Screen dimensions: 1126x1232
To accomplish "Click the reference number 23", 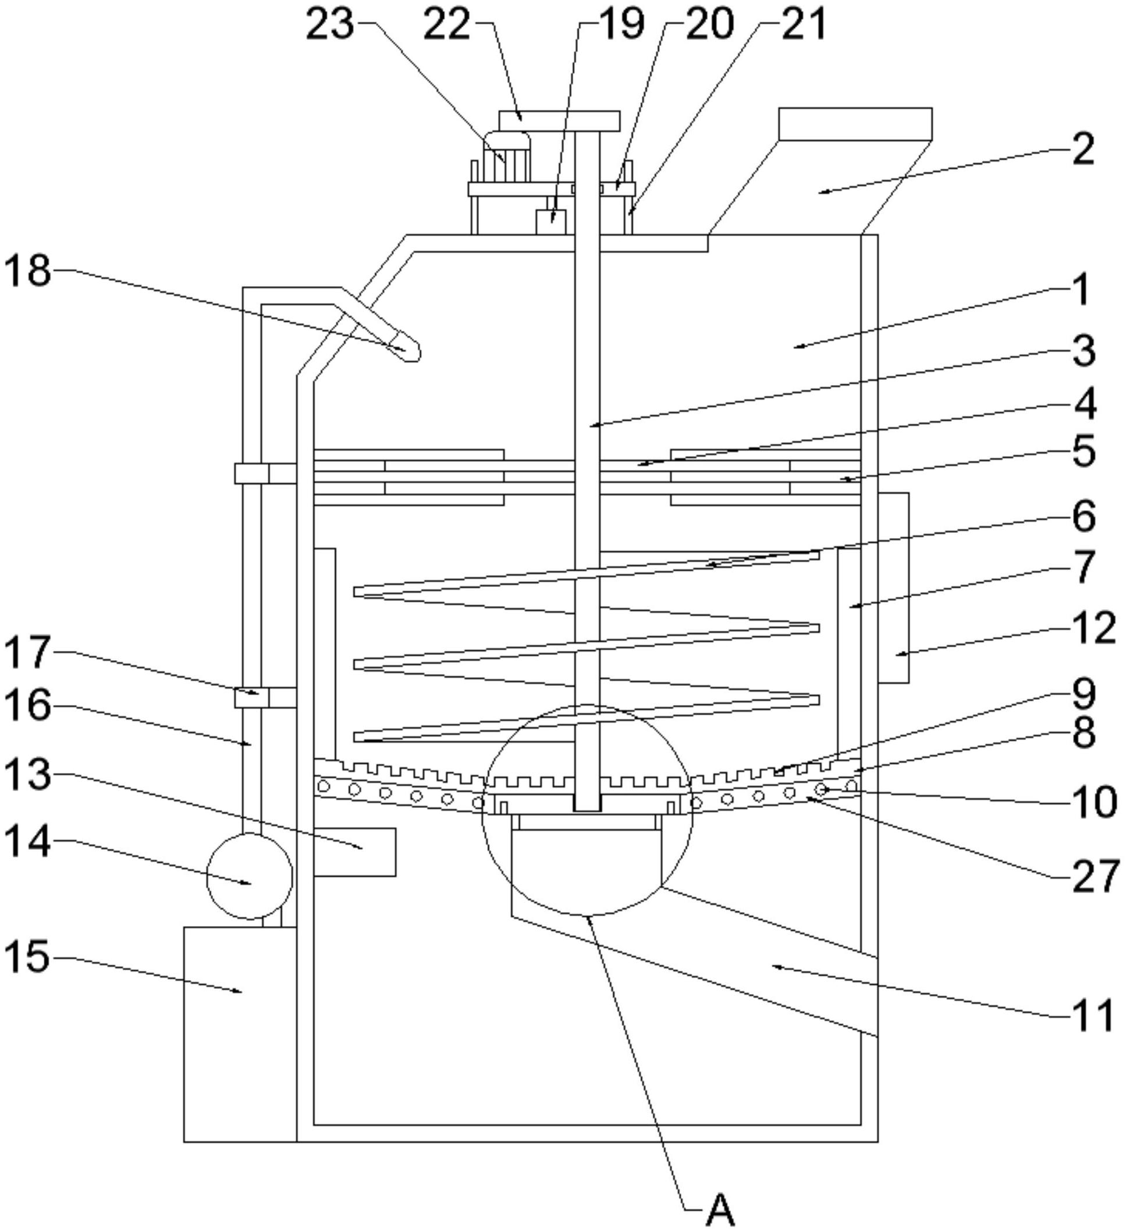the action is pos(330,25).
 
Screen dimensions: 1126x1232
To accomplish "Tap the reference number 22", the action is pos(447,25).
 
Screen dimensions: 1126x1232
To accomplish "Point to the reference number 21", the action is pos(802,25).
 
